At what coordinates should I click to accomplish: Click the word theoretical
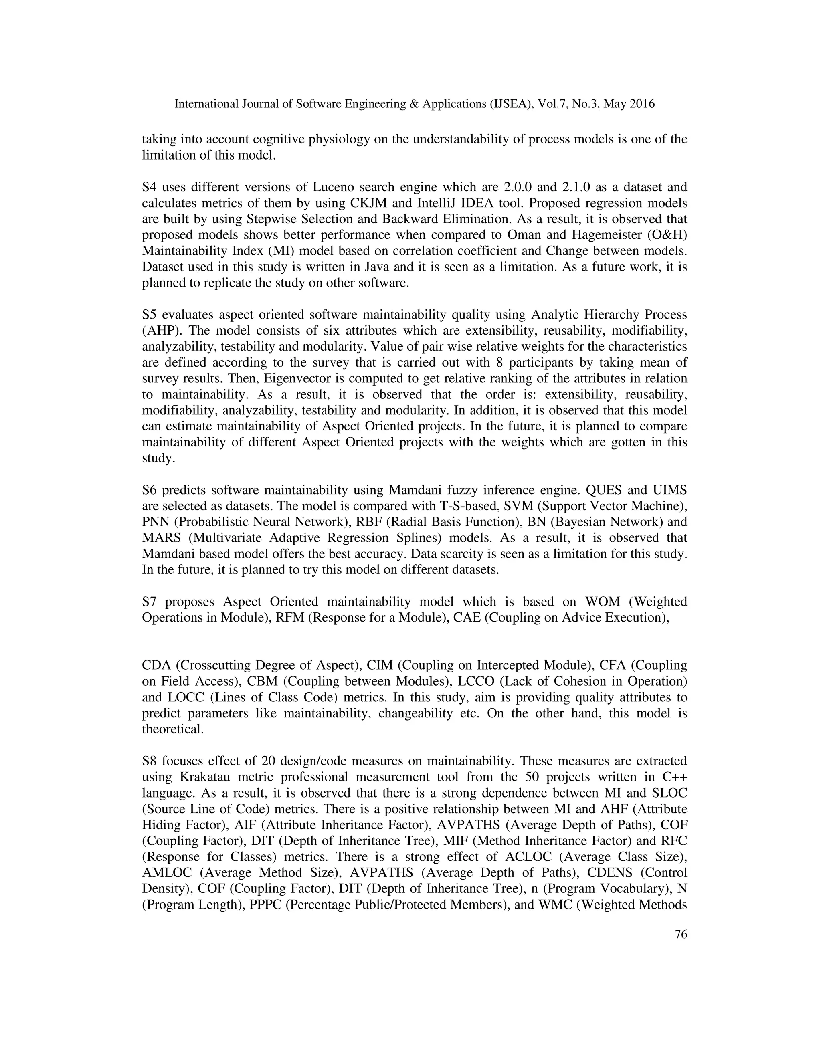point(173,729)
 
